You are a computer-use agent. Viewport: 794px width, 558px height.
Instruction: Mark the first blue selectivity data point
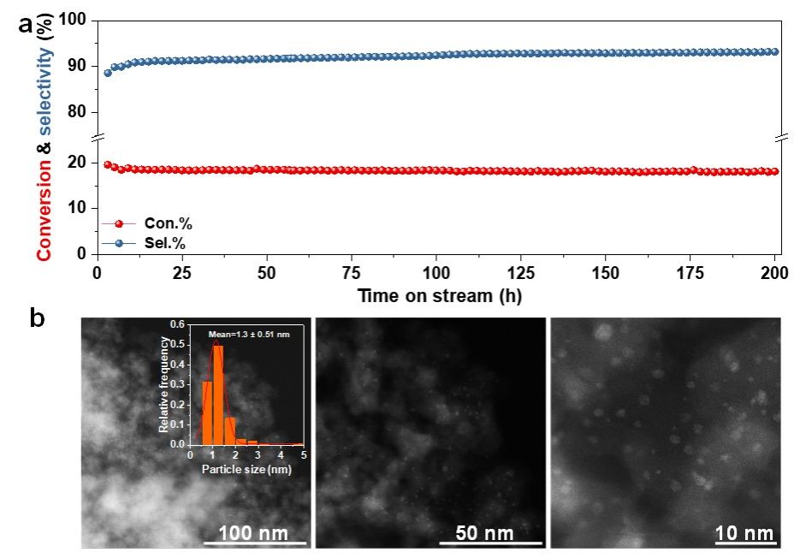[107, 73]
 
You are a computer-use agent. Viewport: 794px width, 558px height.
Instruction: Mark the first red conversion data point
[107, 164]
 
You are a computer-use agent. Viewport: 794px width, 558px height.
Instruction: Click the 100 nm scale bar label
[253, 533]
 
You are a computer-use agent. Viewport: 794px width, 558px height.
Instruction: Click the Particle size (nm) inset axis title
[246, 469]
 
